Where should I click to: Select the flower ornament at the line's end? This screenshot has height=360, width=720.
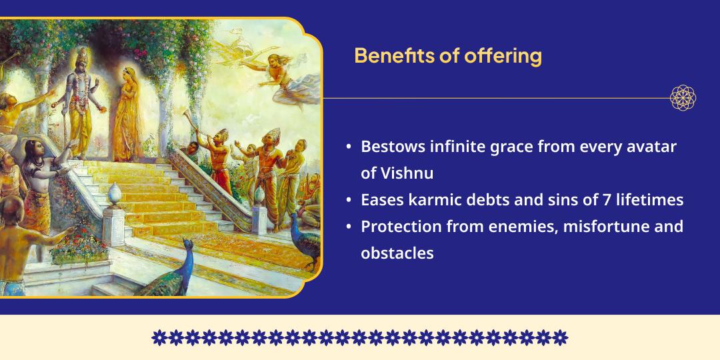[x=683, y=98]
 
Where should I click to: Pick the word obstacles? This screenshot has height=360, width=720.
[x=397, y=253]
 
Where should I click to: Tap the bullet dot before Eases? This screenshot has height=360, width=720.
[x=349, y=200]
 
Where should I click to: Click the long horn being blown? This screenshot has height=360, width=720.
[x=193, y=133]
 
